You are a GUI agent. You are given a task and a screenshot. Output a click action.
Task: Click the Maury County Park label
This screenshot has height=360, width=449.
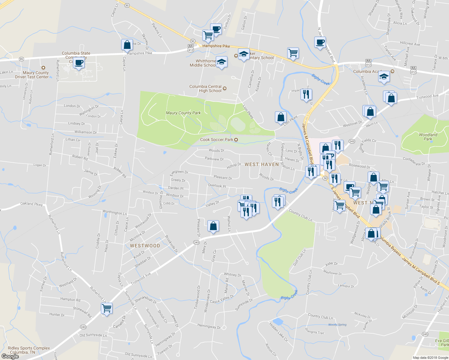click(x=183, y=113)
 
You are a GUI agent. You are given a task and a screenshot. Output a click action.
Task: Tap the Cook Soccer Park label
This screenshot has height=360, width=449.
click(x=217, y=139)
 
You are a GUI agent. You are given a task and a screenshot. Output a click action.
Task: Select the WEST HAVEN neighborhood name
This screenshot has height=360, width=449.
click(x=261, y=164)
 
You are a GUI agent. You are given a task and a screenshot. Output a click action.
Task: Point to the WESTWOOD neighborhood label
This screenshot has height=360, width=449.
click(x=145, y=246)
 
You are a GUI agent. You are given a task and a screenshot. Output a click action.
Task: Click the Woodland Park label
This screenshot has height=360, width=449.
click(x=428, y=137)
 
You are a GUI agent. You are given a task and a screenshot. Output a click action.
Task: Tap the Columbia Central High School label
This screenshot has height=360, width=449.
click(x=206, y=88)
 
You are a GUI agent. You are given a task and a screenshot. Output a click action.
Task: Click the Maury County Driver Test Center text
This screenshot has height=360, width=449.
click(x=32, y=75)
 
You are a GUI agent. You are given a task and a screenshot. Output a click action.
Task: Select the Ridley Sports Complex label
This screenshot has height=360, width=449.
click(x=29, y=350)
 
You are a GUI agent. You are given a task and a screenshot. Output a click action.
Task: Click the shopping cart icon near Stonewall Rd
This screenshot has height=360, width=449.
click(x=107, y=308)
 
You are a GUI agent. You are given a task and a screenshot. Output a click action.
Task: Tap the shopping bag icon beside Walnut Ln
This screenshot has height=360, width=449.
click(x=213, y=226)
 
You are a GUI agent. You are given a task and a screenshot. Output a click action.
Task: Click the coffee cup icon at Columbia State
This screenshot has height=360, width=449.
click(x=79, y=63)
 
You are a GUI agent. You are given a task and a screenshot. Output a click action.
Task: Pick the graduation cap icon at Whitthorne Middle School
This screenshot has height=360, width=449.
click(x=221, y=62)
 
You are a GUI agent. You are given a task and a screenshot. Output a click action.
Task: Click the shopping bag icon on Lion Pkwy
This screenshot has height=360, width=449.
click(x=281, y=117)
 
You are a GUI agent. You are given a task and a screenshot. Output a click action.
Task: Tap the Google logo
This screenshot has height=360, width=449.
click(x=10, y=356)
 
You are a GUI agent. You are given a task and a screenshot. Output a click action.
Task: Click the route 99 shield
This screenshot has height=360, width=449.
click(x=21, y=59)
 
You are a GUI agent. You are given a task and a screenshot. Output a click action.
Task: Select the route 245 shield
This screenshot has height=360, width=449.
click(x=425, y=334)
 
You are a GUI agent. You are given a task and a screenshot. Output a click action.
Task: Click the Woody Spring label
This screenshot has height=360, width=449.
click(x=337, y=325)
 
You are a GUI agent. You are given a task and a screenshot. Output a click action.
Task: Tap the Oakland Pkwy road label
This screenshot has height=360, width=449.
click(x=32, y=204)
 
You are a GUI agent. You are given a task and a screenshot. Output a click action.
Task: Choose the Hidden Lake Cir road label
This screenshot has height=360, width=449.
click(x=278, y=332)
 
